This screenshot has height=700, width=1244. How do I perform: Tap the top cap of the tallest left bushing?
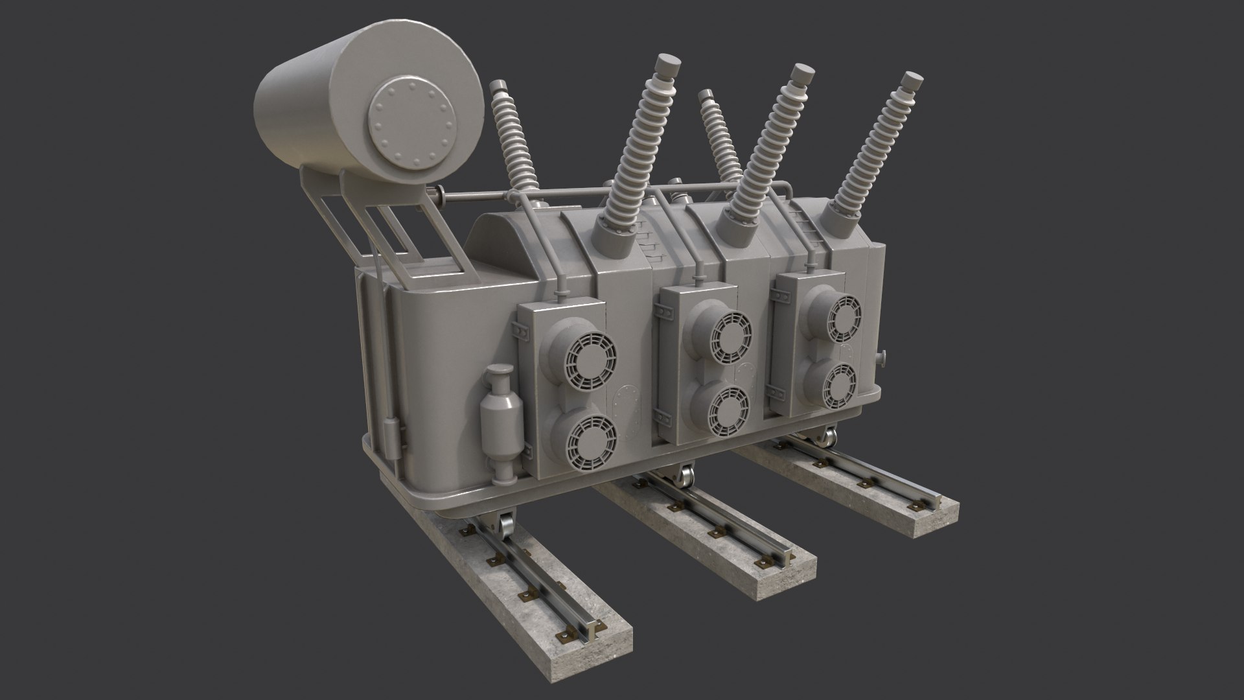[x=669, y=64]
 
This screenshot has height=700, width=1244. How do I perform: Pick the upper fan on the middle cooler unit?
[x=730, y=337]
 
